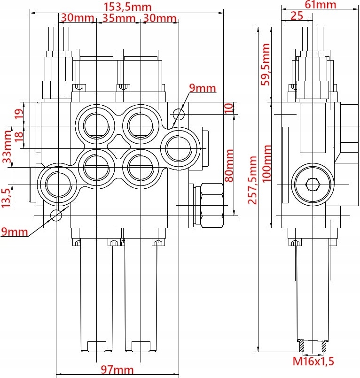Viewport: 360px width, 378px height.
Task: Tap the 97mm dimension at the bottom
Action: (118, 370)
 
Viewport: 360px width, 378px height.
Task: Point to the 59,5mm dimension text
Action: (266, 64)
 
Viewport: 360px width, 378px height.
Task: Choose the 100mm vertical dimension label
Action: (266, 164)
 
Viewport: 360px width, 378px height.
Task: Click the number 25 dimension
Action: (297, 15)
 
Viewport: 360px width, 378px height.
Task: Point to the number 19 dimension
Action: (19, 114)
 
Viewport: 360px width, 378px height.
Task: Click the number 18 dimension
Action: (19, 137)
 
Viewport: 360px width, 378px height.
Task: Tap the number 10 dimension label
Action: (228, 108)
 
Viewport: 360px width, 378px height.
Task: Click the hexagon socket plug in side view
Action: (312, 184)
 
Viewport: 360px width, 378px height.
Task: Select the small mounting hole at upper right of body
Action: (178, 114)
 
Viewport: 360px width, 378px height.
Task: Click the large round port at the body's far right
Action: (179, 149)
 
